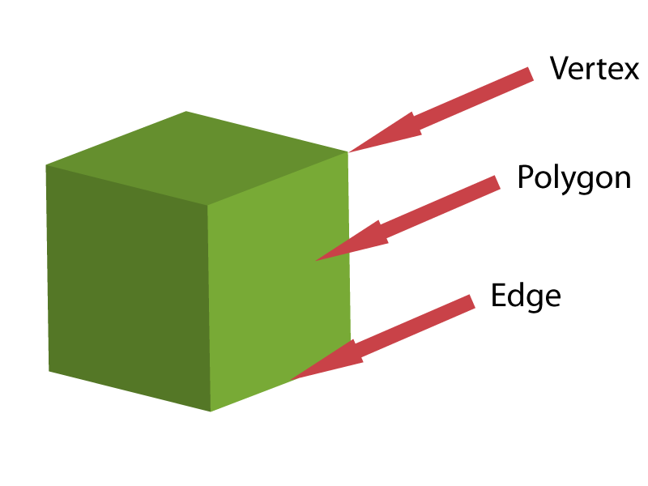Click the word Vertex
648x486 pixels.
(x=594, y=69)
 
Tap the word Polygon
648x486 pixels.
(x=573, y=177)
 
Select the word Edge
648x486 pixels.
(x=526, y=296)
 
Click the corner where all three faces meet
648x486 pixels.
(x=208, y=205)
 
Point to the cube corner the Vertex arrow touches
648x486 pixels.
(x=348, y=151)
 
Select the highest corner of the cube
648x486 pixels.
(x=186, y=112)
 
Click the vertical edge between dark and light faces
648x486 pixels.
(x=209, y=308)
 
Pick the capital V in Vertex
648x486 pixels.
(x=558, y=69)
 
